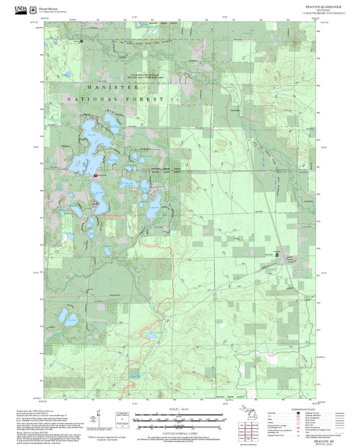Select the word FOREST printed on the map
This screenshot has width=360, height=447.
(150, 99)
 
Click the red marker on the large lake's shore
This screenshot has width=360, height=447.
(96, 174)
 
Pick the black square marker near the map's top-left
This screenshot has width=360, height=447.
(82, 41)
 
